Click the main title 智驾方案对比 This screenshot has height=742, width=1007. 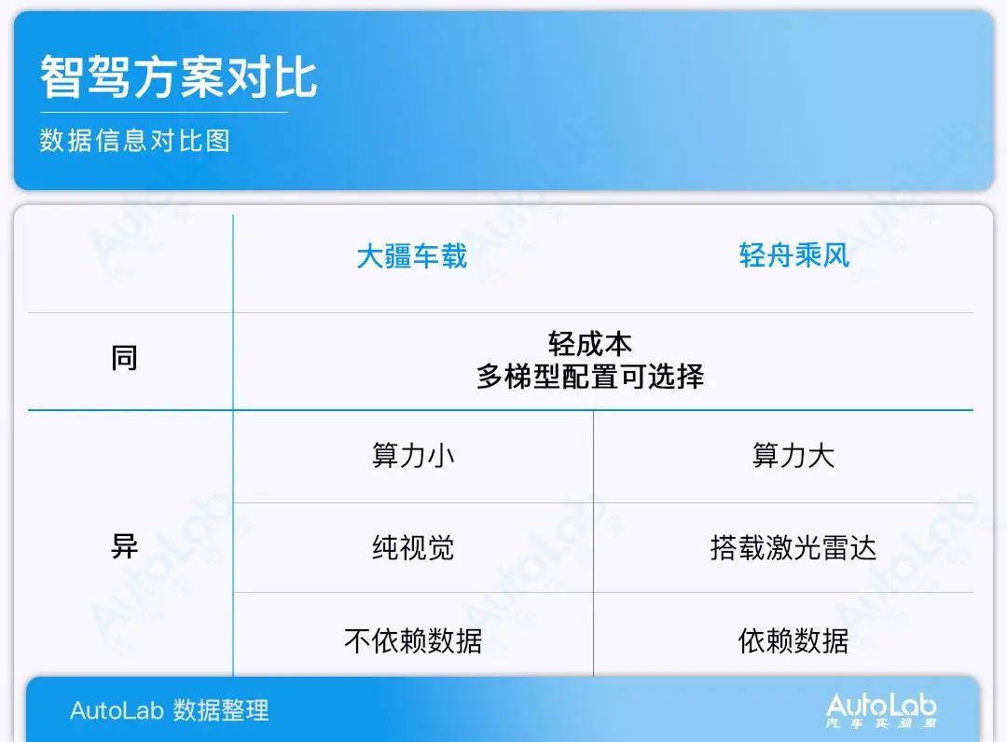click(178, 77)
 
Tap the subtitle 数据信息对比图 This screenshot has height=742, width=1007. click(135, 141)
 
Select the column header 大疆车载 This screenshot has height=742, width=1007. click(412, 255)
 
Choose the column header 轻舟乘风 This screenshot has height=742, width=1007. click(793, 255)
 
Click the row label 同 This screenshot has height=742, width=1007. click(124, 358)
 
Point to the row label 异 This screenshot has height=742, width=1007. click(124, 546)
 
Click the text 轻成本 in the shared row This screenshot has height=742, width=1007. click(589, 344)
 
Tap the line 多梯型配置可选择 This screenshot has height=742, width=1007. click(589, 377)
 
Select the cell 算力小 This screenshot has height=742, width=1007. click(413, 455)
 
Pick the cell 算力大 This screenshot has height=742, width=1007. click(793, 455)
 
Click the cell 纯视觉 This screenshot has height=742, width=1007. click(413, 547)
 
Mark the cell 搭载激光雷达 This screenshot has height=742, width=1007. click(793, 547)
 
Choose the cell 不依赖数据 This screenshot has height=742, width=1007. click(413, 640)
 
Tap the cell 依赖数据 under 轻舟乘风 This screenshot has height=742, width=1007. click(793, 640)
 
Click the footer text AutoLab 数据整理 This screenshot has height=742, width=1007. click(170, 710)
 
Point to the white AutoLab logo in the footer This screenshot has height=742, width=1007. click(881, 706)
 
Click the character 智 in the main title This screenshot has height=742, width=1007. click(62, 77)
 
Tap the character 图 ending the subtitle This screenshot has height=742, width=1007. click(217, 141)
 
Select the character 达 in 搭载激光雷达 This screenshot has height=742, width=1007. click(863, 547)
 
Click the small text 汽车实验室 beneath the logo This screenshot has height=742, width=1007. click(881, 723)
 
